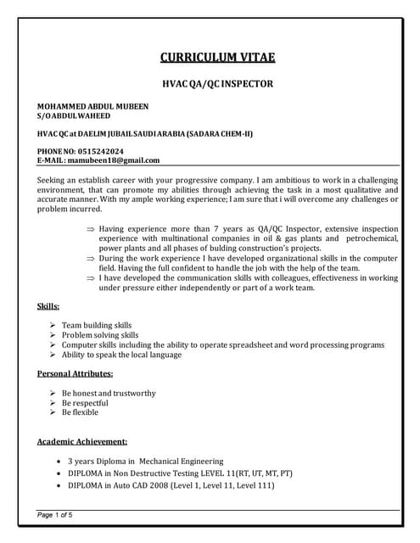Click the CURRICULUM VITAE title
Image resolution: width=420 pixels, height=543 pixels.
tap(218, 58)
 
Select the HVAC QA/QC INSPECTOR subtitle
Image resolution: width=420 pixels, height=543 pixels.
tap(218, 85)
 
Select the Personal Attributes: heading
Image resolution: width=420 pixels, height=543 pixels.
tap(76, 373)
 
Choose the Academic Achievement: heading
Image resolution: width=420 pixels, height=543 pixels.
tap(83, 441)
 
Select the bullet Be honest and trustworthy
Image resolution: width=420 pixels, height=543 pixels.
tap(109, 393)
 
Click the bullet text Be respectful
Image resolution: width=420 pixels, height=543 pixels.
tap(85, 402)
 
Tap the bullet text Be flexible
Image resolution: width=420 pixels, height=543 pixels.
tap(81, 412)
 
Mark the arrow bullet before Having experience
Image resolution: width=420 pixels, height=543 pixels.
tap(91, 229)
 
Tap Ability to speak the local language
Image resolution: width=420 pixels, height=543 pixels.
tap(122, 355)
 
